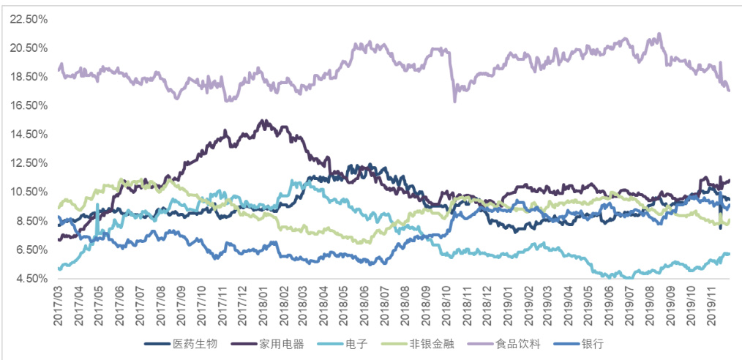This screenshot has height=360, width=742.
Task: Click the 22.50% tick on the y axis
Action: [x=29, y=20]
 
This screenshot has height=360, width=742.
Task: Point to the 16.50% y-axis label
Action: [x=29, y=106]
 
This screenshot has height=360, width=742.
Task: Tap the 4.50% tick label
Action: [x=31, y=279]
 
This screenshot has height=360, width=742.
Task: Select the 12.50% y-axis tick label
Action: [x=29, y=164]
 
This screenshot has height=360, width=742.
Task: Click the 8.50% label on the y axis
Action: [x=31, y=221]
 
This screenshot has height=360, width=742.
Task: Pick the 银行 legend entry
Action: [x=592, y=342]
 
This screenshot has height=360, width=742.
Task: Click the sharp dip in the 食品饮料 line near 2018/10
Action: [x=454, y=101]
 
